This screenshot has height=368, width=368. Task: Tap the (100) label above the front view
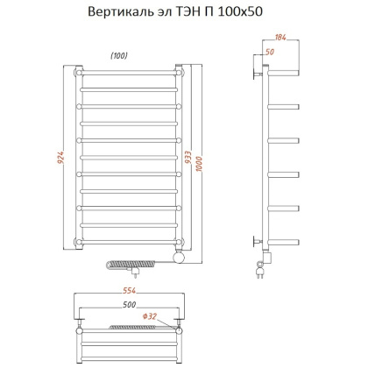click(120, 56)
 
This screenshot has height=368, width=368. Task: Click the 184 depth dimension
click(280, 39)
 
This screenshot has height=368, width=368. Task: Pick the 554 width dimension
click(129, 291)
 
